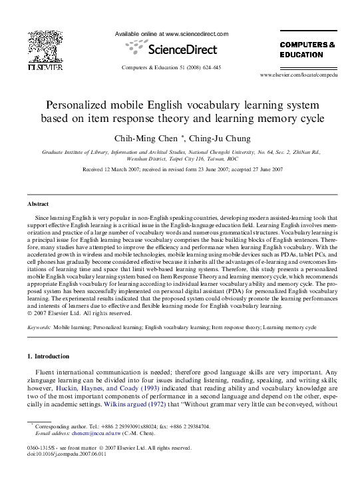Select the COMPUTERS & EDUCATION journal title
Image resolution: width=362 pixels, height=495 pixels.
click(x=306, y=49)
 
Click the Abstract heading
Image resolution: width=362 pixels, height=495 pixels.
click(x=37, y=203)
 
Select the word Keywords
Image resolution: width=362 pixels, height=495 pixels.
click(x=38, y=328)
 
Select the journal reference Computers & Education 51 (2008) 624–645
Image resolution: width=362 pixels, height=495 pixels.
click(x=171, y=68)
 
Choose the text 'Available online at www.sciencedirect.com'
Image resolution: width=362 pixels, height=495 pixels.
click(x=172, y=34)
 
